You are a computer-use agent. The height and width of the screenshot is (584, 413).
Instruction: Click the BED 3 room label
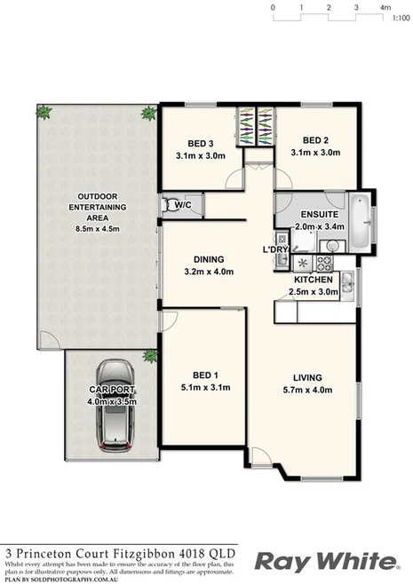(200, 144)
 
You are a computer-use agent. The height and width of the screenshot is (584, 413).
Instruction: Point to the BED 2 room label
(315, 140)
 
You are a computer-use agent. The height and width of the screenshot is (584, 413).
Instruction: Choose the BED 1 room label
(203, 375)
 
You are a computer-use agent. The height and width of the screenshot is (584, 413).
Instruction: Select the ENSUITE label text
(318, 214)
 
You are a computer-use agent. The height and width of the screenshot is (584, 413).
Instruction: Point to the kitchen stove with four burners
(325, 263)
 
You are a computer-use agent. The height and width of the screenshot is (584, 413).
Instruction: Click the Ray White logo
(325, 561)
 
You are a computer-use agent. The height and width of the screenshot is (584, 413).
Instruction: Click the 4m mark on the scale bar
(385, 7)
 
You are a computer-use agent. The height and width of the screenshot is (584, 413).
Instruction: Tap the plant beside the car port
(150, 357)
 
